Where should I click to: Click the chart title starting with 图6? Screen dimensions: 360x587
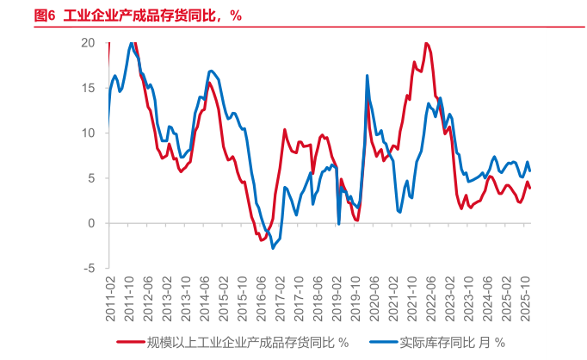pyautogui.click(x=138, y=15)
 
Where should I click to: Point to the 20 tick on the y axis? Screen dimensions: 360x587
pyautogui.click(x=88, y=42)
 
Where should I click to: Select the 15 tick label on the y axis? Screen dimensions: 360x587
pyautogui.click(x=88, y=88)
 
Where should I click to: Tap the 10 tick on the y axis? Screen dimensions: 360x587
pyautogui.click(x=88, y=133)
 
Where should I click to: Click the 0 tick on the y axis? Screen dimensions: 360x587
pyautogui.click(x=91, y=223)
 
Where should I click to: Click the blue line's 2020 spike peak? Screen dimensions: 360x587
pyautogui.click(x=368, y=76)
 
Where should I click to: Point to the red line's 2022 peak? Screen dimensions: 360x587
pyautogui.click(x=426, y=43)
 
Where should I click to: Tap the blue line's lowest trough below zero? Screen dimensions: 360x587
pyautogui.click(x=273, y=248)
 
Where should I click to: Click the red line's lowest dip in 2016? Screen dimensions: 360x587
pyautogui.click(x=262, y=239)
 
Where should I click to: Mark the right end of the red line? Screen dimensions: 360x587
pyautogui.click(x=529, y=187)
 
